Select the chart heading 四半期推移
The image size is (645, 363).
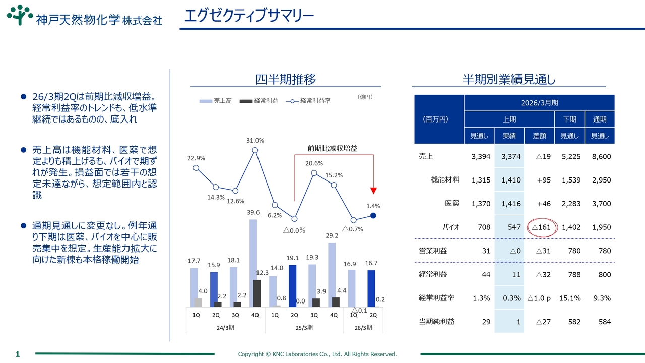286,79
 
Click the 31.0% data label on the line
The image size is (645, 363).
255,140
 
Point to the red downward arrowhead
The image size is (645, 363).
373,190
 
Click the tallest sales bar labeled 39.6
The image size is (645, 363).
253,263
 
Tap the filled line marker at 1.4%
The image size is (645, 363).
373,216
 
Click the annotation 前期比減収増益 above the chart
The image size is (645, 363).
332,148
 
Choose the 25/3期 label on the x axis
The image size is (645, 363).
304,327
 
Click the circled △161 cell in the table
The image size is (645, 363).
542,227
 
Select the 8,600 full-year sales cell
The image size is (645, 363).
602,156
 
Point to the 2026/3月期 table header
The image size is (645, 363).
539,103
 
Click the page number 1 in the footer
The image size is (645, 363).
17,354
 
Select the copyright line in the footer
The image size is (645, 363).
317,354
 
